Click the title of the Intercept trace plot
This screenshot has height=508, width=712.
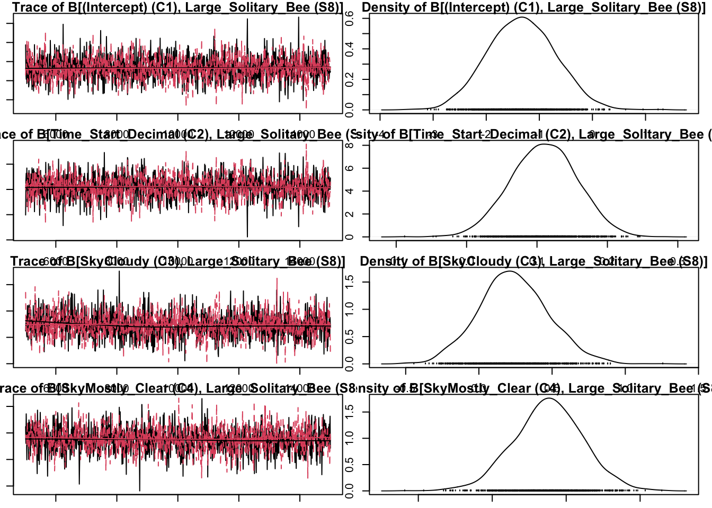point(177,7)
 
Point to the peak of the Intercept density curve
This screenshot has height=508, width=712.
point(522,17)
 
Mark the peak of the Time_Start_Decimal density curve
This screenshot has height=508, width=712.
point(544,144)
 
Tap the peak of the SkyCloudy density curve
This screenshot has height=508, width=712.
point(509,271)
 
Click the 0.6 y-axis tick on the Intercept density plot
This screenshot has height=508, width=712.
point(350,19)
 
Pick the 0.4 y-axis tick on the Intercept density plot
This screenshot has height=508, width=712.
point(350,49)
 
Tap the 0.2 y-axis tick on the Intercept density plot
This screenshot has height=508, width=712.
point(350,79)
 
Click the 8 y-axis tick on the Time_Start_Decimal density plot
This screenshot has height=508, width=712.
point(350,144)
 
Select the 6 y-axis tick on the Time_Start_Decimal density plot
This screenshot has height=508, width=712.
point(350,168)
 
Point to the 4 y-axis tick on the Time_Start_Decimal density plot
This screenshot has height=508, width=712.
point(350,191)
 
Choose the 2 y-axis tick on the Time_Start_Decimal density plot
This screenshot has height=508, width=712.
point(350,214)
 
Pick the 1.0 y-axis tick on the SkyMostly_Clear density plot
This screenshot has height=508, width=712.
point(350,438)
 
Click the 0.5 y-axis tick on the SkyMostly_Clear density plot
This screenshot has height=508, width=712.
point(350,465)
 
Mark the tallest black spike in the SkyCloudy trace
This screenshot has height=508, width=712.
point(119,271)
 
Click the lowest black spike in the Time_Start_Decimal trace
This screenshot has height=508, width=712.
point(247,236)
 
